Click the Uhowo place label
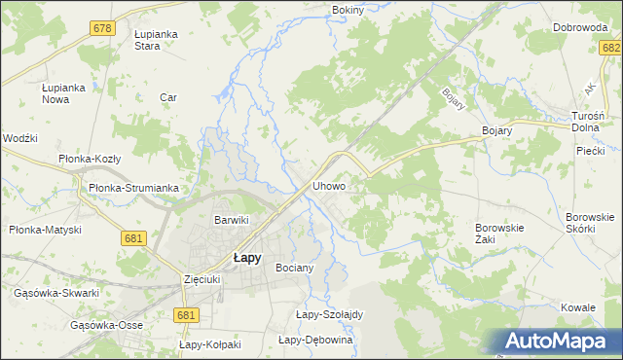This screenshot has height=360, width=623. pos(329,185)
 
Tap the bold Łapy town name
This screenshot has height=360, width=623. pos(245,258)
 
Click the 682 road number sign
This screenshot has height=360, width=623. pos(610,49)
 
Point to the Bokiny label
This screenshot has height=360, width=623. pos(348,10)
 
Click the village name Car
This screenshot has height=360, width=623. pos(167,97)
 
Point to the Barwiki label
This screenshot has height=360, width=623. pos(232,220)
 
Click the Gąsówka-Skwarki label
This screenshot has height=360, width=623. pos(56,293)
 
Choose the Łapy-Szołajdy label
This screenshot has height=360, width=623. pos(329,314)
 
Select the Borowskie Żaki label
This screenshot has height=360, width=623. pos(499,234)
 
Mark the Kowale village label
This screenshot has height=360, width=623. pos(577,307)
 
